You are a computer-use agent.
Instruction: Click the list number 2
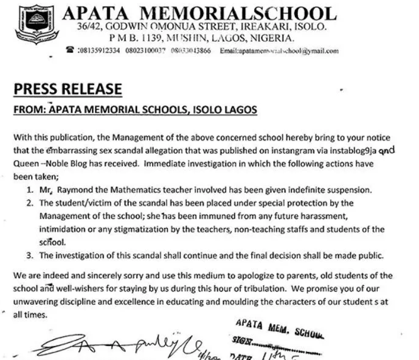point(35,202)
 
